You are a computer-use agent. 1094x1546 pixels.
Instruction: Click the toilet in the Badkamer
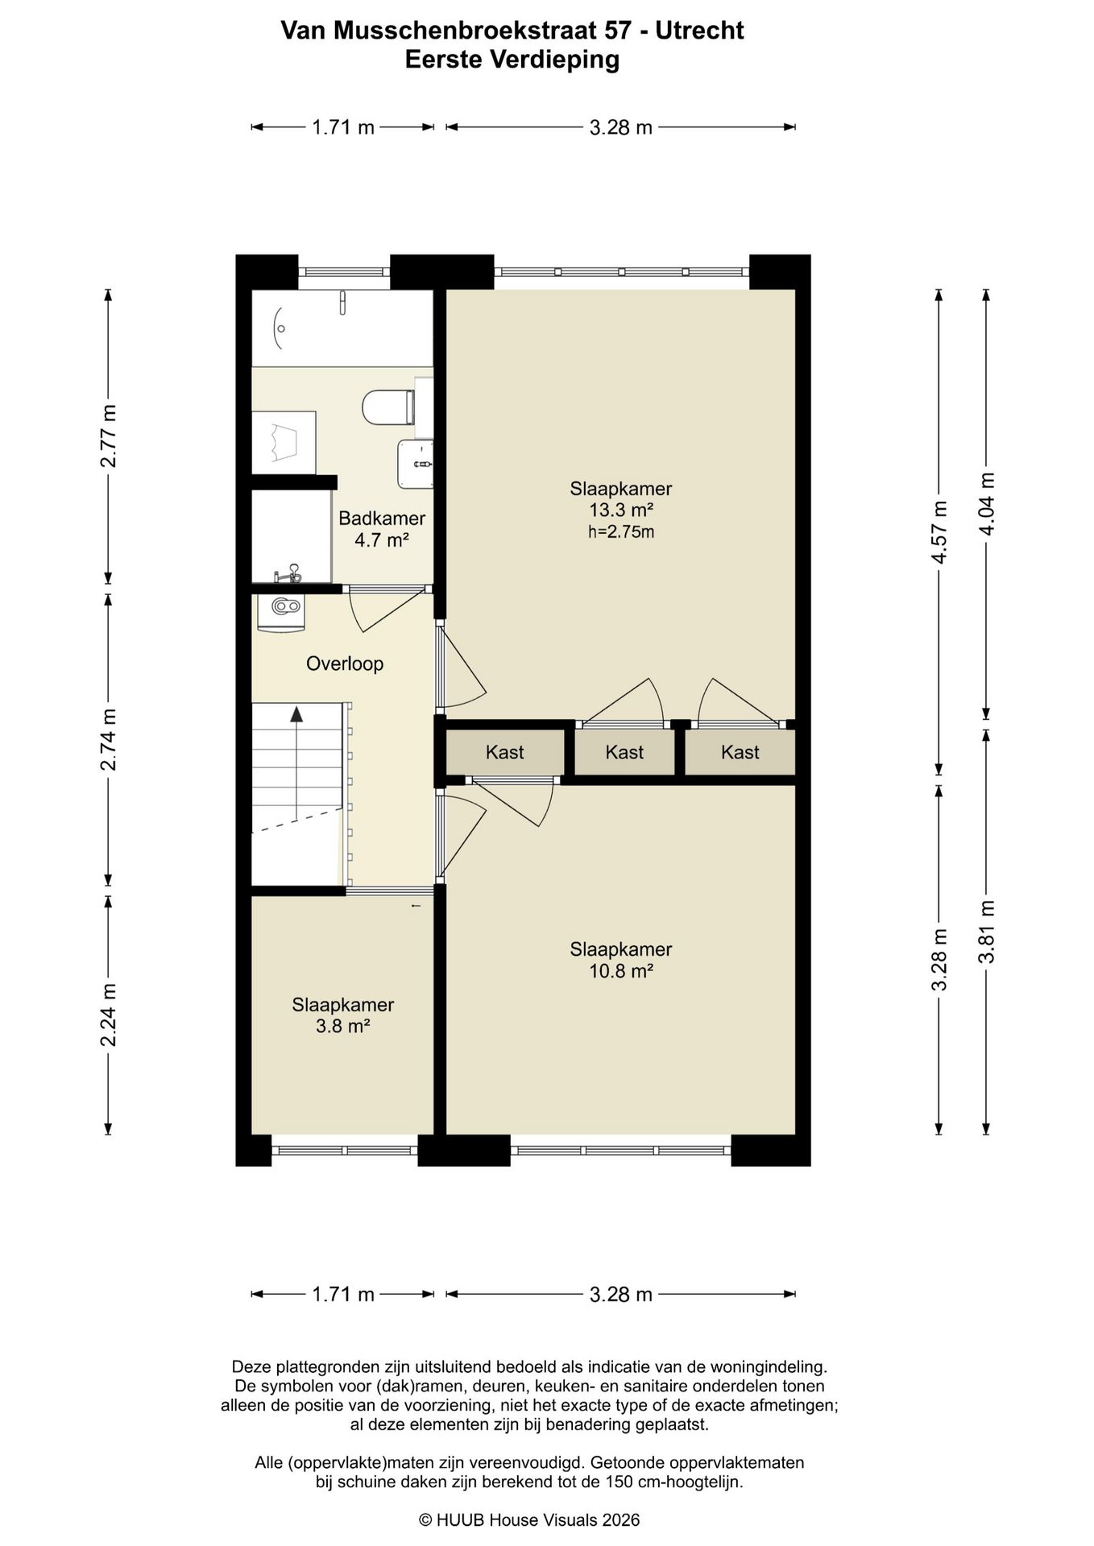click(x=387, y=407)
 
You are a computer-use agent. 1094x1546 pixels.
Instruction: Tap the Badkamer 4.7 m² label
click(x=382, y=529)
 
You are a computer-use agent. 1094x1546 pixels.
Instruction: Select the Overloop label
click(x=345, y=663)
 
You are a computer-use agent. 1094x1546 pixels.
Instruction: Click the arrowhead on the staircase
click(x=296, y=713)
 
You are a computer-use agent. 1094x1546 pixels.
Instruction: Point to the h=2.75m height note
click(x=620, y=531)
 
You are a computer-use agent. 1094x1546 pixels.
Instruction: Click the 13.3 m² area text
click(x=620, y=510)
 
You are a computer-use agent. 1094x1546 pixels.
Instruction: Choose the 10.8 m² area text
click(x=620, y=970)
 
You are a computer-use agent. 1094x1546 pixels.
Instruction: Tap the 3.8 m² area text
click(x=343, y=1026)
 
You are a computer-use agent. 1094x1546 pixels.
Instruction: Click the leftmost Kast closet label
click(x=505, y=752)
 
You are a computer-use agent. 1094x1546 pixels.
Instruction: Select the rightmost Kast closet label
click(x=740, y=752)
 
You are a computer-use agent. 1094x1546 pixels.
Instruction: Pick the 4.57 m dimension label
click(x=939, y=533)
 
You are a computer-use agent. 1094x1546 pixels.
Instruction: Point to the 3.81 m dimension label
click(x=986, y=932)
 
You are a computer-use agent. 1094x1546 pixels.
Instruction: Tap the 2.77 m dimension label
click(x=109, y=436)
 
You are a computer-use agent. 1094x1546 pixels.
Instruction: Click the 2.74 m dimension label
click(x=109, y=739)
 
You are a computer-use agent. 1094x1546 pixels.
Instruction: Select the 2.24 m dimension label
click(x=109, y=1015)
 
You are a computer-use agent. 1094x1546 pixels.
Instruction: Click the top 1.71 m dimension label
click(x=343, y=126)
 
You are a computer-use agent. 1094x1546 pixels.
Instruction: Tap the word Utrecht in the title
click(x=699, y=31)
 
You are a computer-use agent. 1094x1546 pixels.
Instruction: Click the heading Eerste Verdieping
click(x=512, y=60)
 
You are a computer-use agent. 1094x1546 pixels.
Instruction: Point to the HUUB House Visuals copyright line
click(x=529, y=1519)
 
